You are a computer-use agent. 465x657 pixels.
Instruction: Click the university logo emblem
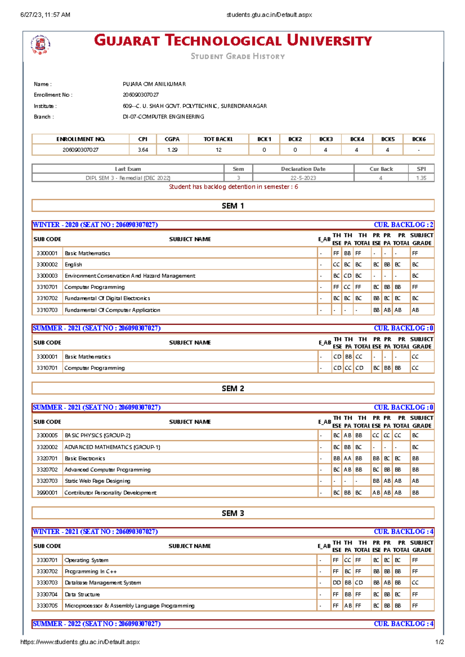41,44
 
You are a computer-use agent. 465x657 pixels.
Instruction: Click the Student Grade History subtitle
238,56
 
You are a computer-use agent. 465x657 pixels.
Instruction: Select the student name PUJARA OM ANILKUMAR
154,84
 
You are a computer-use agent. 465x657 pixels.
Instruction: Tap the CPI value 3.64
143,150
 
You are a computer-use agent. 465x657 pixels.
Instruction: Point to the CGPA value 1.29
172,150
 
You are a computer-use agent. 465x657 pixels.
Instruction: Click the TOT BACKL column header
218,139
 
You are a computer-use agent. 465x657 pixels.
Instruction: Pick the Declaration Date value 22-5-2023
303,178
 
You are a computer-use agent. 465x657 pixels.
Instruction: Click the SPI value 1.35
421,178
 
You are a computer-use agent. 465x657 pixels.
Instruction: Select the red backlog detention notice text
233,186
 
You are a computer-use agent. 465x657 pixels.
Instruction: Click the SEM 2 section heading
233,388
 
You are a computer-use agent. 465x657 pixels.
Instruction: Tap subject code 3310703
47,310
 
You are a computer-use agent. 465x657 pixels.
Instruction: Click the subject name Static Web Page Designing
97,481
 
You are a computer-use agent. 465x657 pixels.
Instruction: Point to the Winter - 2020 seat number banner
95,225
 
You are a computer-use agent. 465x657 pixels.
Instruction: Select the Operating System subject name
86,560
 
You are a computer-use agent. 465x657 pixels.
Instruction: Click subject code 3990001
47,493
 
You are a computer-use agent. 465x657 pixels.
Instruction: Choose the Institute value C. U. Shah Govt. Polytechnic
195,106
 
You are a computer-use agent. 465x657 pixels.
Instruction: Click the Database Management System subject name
103,583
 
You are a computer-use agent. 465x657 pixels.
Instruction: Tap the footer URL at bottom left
80,642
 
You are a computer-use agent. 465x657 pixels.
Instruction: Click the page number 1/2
439,642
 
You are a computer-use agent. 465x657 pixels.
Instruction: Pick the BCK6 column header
418,139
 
